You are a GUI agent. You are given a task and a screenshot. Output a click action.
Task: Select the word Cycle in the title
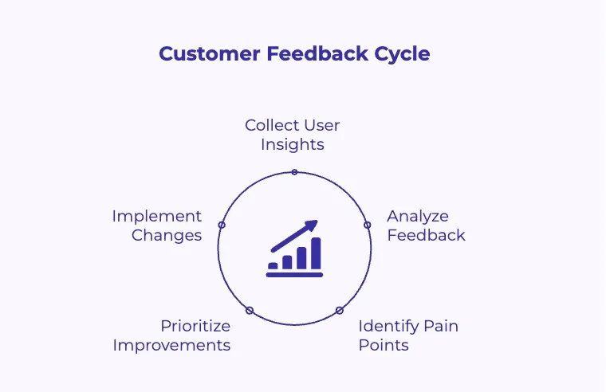pyautogui.click(x=403, y=54)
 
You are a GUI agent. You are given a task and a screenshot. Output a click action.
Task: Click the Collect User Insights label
pyautogui.click(x=293, y=135)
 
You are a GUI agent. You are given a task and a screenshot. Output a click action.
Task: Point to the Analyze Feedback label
pyautogui.click(x=426, y=225)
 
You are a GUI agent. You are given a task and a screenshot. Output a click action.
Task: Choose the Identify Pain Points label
pyautogui.click(x=407, y=335)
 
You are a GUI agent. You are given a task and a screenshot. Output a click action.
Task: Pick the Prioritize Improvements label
pyautogui.click(x=172, y=335)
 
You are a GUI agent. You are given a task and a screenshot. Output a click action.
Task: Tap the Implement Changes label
pyautogui.click(x=157, y=225)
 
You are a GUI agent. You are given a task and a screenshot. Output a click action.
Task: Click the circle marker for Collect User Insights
pyautogui.click(x=294, y=172)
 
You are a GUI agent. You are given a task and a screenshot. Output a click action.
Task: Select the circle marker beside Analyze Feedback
pyautogui.click(x=368, y=225)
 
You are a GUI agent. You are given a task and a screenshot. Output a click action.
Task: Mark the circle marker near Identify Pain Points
pyautogui.click(x=339, y=310)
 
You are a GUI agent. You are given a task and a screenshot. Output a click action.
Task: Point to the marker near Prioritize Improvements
pyautogui.click(x=250, y=310)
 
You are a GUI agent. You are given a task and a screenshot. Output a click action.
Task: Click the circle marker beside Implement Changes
pyautogui.click(x=222, y=225)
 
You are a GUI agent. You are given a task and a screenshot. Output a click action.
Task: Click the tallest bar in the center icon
pyautogui.click(x=316, y=253)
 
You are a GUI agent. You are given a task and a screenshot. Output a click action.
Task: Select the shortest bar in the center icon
pyautogui.click(x=273, y=265)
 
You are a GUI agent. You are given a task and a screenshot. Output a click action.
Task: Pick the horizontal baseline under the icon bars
pyautogui.click(x=294, y=275)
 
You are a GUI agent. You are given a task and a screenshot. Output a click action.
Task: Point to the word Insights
pyautogui.click(x=293, y=144)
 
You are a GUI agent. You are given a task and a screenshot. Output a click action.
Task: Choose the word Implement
pyautogui.click(x=157, y=216)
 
